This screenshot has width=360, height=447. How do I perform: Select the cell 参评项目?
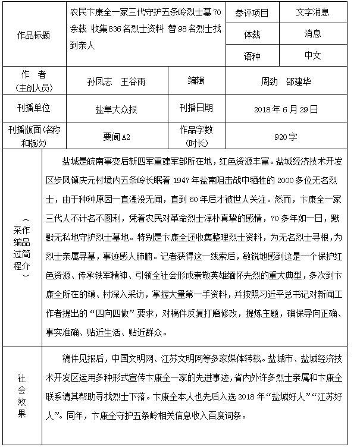click(x=252, y=12)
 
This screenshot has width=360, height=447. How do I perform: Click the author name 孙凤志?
click(x=99, y=81)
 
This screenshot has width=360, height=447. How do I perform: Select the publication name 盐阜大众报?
click(x=117, y=109)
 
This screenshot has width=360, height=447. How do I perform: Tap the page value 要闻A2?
click(x=117, y=137)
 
